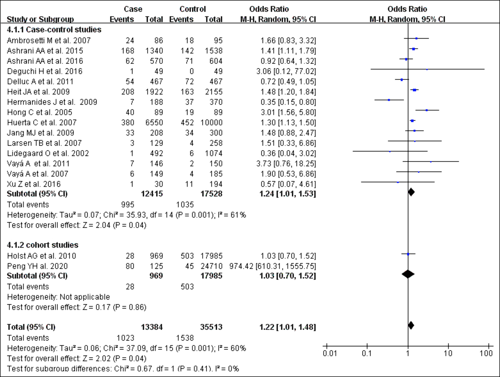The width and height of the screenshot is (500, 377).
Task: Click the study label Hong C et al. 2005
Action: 40,112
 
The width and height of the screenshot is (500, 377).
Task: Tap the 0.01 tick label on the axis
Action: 330,353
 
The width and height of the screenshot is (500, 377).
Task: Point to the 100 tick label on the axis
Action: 486,353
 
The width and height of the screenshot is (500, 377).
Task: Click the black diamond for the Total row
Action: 411,325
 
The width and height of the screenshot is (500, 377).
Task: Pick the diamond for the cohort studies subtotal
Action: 408,274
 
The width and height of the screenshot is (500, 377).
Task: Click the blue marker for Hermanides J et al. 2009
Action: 389,100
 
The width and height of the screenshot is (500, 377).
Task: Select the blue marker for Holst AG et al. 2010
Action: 408,254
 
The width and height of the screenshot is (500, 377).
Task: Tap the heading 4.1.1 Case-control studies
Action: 54,29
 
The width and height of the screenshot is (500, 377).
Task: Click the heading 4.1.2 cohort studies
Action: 42,245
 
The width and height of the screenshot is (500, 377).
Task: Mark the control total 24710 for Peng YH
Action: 211,266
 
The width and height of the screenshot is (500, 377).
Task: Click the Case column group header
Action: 133,9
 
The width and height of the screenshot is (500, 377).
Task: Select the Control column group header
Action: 192,9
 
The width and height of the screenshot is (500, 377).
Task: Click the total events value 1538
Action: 185,338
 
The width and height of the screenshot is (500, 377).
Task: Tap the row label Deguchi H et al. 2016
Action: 45,71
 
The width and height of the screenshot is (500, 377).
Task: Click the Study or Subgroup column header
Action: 40,19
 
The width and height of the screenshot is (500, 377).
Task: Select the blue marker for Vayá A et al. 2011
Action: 431,162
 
